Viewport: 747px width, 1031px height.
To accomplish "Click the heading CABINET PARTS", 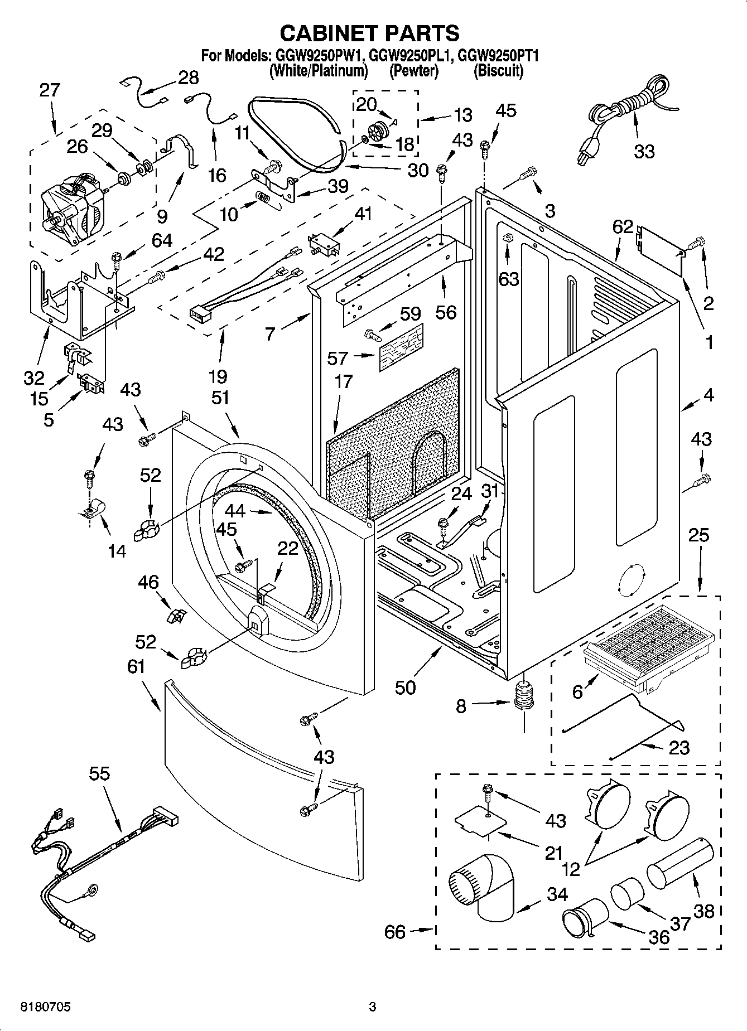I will pyautogui.click(x=369, y=33).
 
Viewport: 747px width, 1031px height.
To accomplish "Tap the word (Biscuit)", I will pyautogui.click(x=498, y=71).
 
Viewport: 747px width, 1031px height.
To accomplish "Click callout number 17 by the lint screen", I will pyautogui.click(x=344, y=381).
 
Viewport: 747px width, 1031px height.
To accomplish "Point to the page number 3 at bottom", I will pyautogui.click(x=373, y=1007).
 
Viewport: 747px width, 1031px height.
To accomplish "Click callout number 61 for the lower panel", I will pyautogui.click(x=136, y=666).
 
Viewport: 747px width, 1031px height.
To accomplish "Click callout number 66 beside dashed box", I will pyautogui.click(x=395, y=932).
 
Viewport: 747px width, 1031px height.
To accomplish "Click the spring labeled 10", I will pyautogui.click(x=263, y=198).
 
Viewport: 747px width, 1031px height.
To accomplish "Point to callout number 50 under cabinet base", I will pyautogui.click(x=406, y=687).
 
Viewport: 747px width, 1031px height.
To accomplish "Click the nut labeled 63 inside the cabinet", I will pyautogui.click(x=507, y=239).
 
